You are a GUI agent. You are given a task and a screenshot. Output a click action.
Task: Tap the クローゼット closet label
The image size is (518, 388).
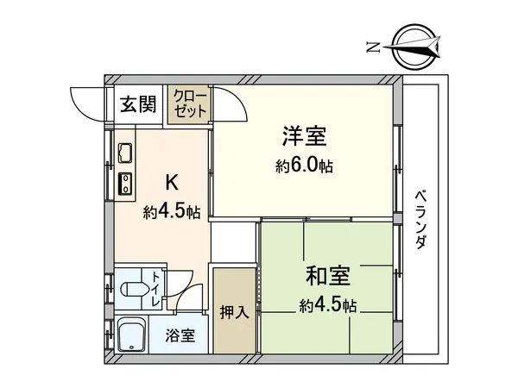coord(188,103)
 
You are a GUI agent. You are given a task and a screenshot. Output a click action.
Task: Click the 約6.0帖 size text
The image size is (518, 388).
coord(305,166)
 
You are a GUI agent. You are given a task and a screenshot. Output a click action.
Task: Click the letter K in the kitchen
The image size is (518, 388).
coord(171,182)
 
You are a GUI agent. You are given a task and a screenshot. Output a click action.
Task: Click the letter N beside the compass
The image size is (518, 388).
coord(373,47)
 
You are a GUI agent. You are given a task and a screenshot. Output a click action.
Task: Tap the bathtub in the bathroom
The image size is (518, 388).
coord(132,335)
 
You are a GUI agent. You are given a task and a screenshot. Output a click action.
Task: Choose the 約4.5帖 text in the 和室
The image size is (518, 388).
coord(327,305)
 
